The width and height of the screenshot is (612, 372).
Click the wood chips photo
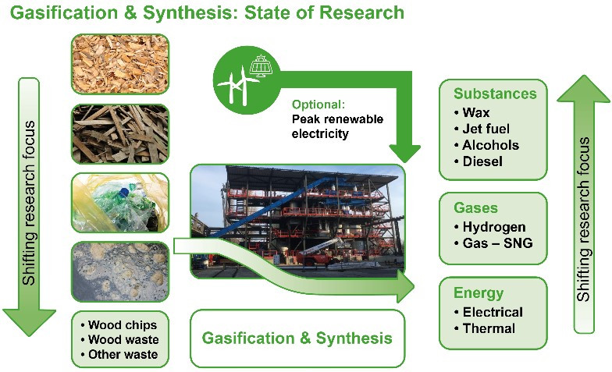(120, 64)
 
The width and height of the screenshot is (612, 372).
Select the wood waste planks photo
(120, 134)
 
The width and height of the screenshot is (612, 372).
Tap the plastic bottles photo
(120, 203)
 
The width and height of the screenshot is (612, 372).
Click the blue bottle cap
(124, 192)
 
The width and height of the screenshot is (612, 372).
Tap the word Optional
(318, 105)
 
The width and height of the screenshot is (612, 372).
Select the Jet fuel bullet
(482, 129)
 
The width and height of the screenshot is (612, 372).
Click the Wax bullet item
(471, 112)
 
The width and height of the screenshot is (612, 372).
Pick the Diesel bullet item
(479, 161)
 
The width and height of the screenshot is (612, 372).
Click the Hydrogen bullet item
(490, 227)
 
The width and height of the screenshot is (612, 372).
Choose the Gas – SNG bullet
(493, 243)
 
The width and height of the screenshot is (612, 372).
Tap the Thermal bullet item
(484, 328)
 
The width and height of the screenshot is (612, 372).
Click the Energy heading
(479, 293)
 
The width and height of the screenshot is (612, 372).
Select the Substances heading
(495, 94)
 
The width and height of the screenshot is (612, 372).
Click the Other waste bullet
(119, 354)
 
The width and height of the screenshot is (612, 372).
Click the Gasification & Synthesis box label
(297, 338)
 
